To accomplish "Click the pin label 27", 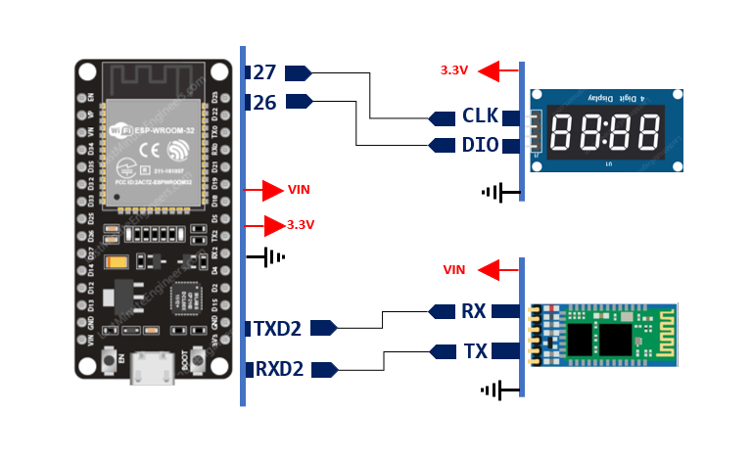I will [264, 72].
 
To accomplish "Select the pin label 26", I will [264, 101].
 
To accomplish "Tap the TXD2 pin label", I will [278, 328].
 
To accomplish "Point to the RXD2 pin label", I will [278, 370].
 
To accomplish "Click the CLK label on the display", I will [481, 117].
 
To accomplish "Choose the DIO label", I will [481, 145].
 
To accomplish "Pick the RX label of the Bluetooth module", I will [474, 311].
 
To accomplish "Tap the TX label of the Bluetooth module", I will [474, 350].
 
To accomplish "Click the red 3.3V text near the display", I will [454, 70].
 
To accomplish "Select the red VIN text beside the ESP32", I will [299, 189].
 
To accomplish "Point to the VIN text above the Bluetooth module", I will [454, 269].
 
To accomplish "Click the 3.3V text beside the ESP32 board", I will [301, 225].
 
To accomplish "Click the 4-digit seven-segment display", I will [605, 132].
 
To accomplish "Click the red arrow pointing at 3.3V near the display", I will [501, 70].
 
